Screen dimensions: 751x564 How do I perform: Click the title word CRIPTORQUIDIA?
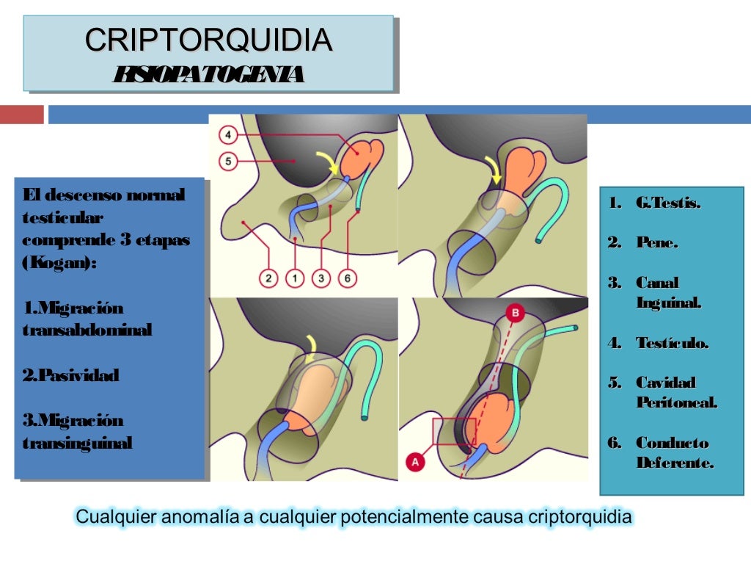coord(208,40)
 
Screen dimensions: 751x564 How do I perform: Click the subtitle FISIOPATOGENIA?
coord(208,74)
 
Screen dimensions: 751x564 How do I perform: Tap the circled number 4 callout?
coord(228,135)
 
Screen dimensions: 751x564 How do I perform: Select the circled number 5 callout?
coord(228,161)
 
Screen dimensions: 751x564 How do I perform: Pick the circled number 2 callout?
coord(268,278)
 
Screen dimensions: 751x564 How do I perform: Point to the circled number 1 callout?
coord(295,278)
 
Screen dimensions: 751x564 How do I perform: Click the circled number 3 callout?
coord(321,278)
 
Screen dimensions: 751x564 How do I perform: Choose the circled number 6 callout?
coord(347,278)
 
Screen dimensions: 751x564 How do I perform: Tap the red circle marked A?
coord(415,462)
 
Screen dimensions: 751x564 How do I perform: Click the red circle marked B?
coord(516,313)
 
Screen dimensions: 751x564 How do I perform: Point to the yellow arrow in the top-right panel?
coord(494,170)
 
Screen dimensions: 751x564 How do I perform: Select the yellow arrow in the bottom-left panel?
coord(312,347)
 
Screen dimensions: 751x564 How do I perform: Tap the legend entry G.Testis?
coord(668,203)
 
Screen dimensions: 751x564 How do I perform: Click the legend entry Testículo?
coord(672,343)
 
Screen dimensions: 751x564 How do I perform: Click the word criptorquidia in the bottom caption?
coord(579,517)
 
